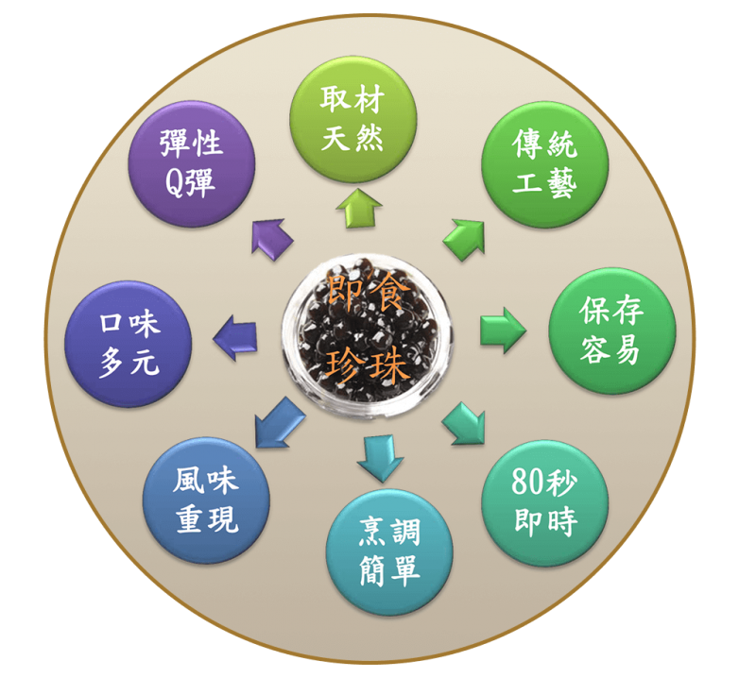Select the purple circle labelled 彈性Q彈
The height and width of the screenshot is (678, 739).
coord(192,163)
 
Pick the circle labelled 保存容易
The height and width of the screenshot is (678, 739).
coord(611,330)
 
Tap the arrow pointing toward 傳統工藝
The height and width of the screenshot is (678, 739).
coord(462,235)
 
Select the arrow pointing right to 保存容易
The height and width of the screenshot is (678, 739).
coord(502,330)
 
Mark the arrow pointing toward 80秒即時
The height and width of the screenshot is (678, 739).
coord(462,422)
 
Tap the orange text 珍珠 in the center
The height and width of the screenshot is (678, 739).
coord(369,363)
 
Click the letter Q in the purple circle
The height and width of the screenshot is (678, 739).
coord(173,181)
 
